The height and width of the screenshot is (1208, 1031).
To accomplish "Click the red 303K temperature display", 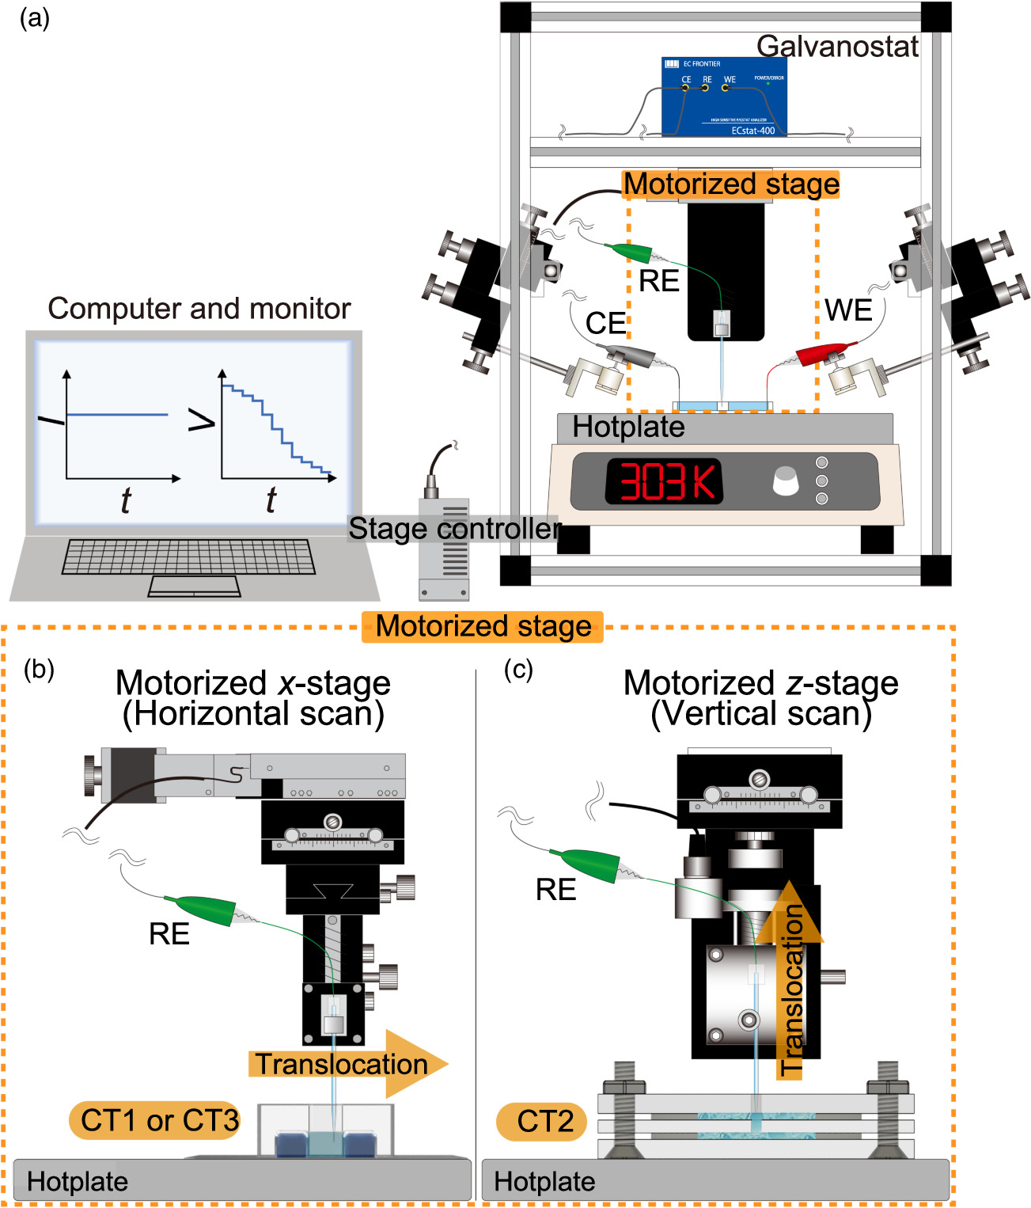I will pyautogui.click(x=663, y=481).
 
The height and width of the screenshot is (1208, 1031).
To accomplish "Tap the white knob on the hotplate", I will pyautogui.click(x=785, y=481).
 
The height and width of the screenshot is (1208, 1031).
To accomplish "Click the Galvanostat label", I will pyautogui.click(x=837, y=47).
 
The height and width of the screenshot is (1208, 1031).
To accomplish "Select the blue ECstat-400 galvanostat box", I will pyautogui.click(x=723, y=97).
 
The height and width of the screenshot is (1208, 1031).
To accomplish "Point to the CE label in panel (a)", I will pyautogui.click(x=605, y=323).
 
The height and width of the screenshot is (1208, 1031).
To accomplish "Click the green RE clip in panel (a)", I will pyautogui.click(x=630, y=253).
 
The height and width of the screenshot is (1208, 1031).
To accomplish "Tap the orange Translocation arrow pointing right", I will pyautogui.click(x=348, y=1064).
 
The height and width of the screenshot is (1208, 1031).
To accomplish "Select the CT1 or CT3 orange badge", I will pyautogui.click(x=155, y=1120).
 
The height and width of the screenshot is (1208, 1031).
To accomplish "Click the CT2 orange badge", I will pyautogui.click(x=543, y=1122).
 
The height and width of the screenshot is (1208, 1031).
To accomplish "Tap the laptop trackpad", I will pyautogui.click(x=195, y=587).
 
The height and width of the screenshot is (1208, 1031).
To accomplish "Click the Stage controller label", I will pyautogui.click(x=454, y=528).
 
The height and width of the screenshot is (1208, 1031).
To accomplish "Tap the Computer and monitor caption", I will pyautogui.click(x=199, y=309).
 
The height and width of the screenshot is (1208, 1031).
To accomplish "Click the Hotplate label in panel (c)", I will pyautogui.click(x=544, y=1182).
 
